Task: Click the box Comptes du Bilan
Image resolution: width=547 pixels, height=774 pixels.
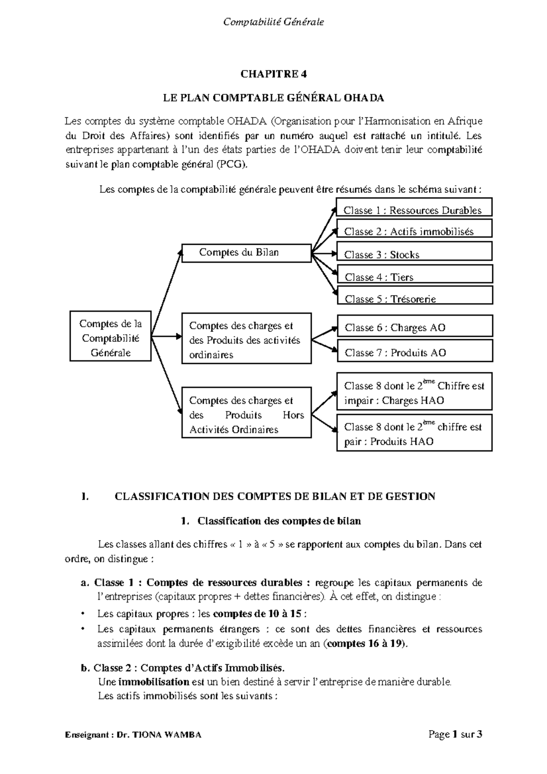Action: click(x=246, y=253)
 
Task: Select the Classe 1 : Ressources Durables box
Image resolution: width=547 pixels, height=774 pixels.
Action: click(x=414, y=207)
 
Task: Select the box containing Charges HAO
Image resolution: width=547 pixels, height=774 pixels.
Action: click(x=414, y=392)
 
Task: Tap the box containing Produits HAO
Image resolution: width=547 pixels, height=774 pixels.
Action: click(x=414, y=433)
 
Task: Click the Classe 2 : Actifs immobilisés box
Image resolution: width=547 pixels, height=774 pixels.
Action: click(x=414, y=229)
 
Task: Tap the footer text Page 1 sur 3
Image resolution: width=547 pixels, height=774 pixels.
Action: click(x=454, y=734)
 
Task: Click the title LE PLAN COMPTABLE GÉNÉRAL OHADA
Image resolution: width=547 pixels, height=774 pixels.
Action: click(x=273, y=98)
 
